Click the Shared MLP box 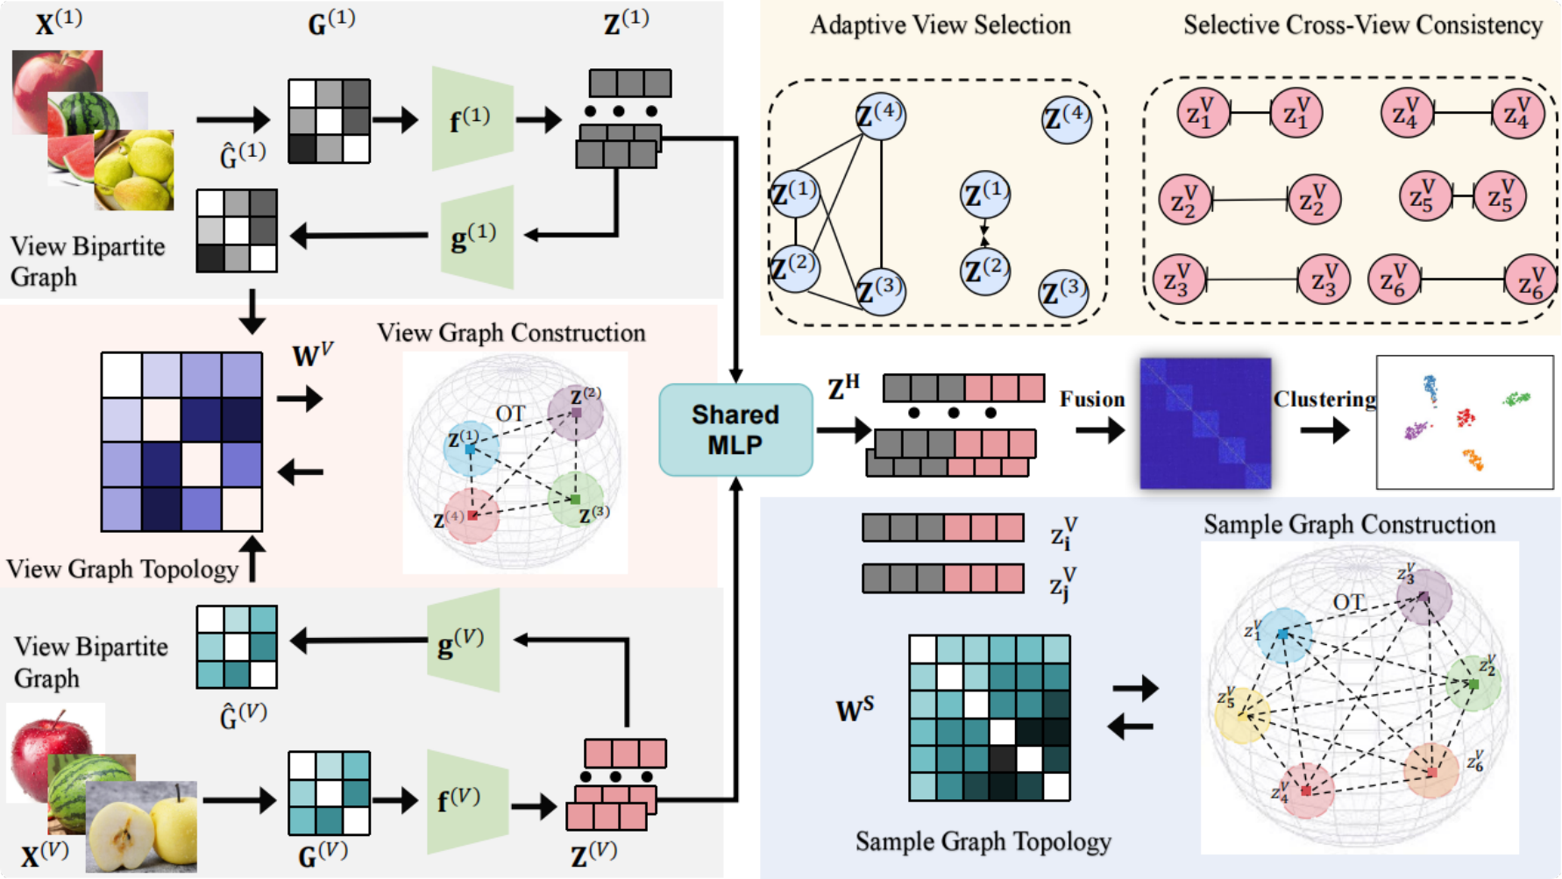pos(735,429)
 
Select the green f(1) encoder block pos(472,118)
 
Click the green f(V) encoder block pos(467,801)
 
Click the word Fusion pos(1091,399)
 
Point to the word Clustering pos(1324,400)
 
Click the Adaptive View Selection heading pos(940,25)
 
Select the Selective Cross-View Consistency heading pos(1363,25)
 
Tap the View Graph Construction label pos(511,333)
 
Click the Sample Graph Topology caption pos(983,842)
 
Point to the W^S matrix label pos(855,709)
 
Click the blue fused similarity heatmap pos(1205,422)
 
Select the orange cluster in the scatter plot pos(1473,459)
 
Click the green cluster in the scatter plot pos(1516,399)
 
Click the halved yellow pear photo pos(141,826)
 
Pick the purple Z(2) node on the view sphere pos(575,411)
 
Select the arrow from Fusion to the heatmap pos(1100,430)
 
